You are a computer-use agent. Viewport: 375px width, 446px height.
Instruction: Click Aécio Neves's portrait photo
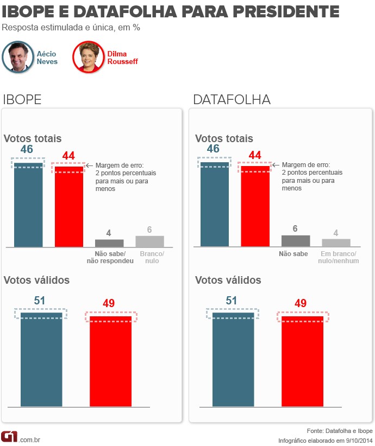[18, 57]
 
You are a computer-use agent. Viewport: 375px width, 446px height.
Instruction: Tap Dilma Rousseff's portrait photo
[88, 57]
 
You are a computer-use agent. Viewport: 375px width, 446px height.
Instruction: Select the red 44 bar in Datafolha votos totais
[255, 207]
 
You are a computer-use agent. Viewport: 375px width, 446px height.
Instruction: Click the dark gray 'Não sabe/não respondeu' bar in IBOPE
[109, 243]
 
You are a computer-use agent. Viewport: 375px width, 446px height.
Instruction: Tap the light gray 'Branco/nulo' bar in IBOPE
[149, 241]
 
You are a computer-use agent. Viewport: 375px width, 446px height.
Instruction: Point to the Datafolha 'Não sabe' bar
[296, 241]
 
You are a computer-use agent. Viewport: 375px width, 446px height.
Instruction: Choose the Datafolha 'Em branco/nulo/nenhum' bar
[336, 243]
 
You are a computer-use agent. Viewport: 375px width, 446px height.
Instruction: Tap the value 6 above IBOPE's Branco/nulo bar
[149, 230]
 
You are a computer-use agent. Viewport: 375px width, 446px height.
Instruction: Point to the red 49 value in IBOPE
[109, 303]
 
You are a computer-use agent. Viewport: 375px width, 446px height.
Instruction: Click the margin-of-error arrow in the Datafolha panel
[275, 165]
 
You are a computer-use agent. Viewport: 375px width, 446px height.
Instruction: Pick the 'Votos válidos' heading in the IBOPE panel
[36, 280]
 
